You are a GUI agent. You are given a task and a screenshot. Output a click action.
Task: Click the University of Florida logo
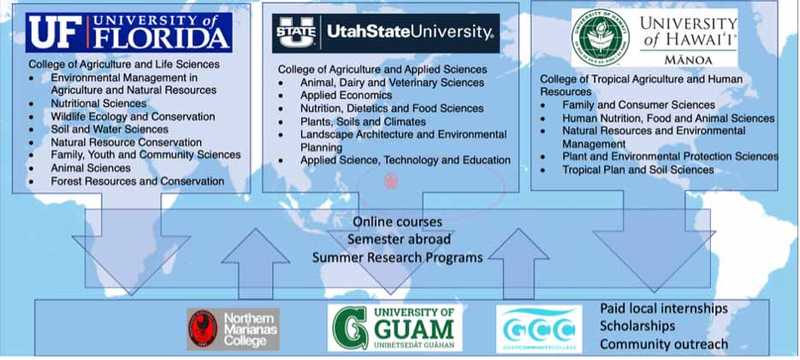click(128, 32)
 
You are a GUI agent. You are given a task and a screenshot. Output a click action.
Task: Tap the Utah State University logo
click(384, 33)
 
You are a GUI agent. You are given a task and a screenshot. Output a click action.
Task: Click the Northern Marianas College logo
click(233, 328)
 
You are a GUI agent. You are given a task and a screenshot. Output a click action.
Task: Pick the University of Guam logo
click(394, 328)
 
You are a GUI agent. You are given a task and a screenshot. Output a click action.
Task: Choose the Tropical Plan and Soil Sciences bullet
click(637, 170)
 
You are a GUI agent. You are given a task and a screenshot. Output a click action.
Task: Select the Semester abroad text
click(399, 239)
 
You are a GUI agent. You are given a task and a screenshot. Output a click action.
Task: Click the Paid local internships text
click(663, 308)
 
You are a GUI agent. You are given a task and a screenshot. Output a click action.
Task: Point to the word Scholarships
click(637, 326)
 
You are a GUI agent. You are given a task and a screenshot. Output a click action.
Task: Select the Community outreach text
click(663, 344)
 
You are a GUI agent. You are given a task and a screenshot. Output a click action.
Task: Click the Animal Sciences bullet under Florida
click(91, 168)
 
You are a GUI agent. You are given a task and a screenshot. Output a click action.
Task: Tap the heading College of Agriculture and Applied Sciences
click(382, 69)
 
